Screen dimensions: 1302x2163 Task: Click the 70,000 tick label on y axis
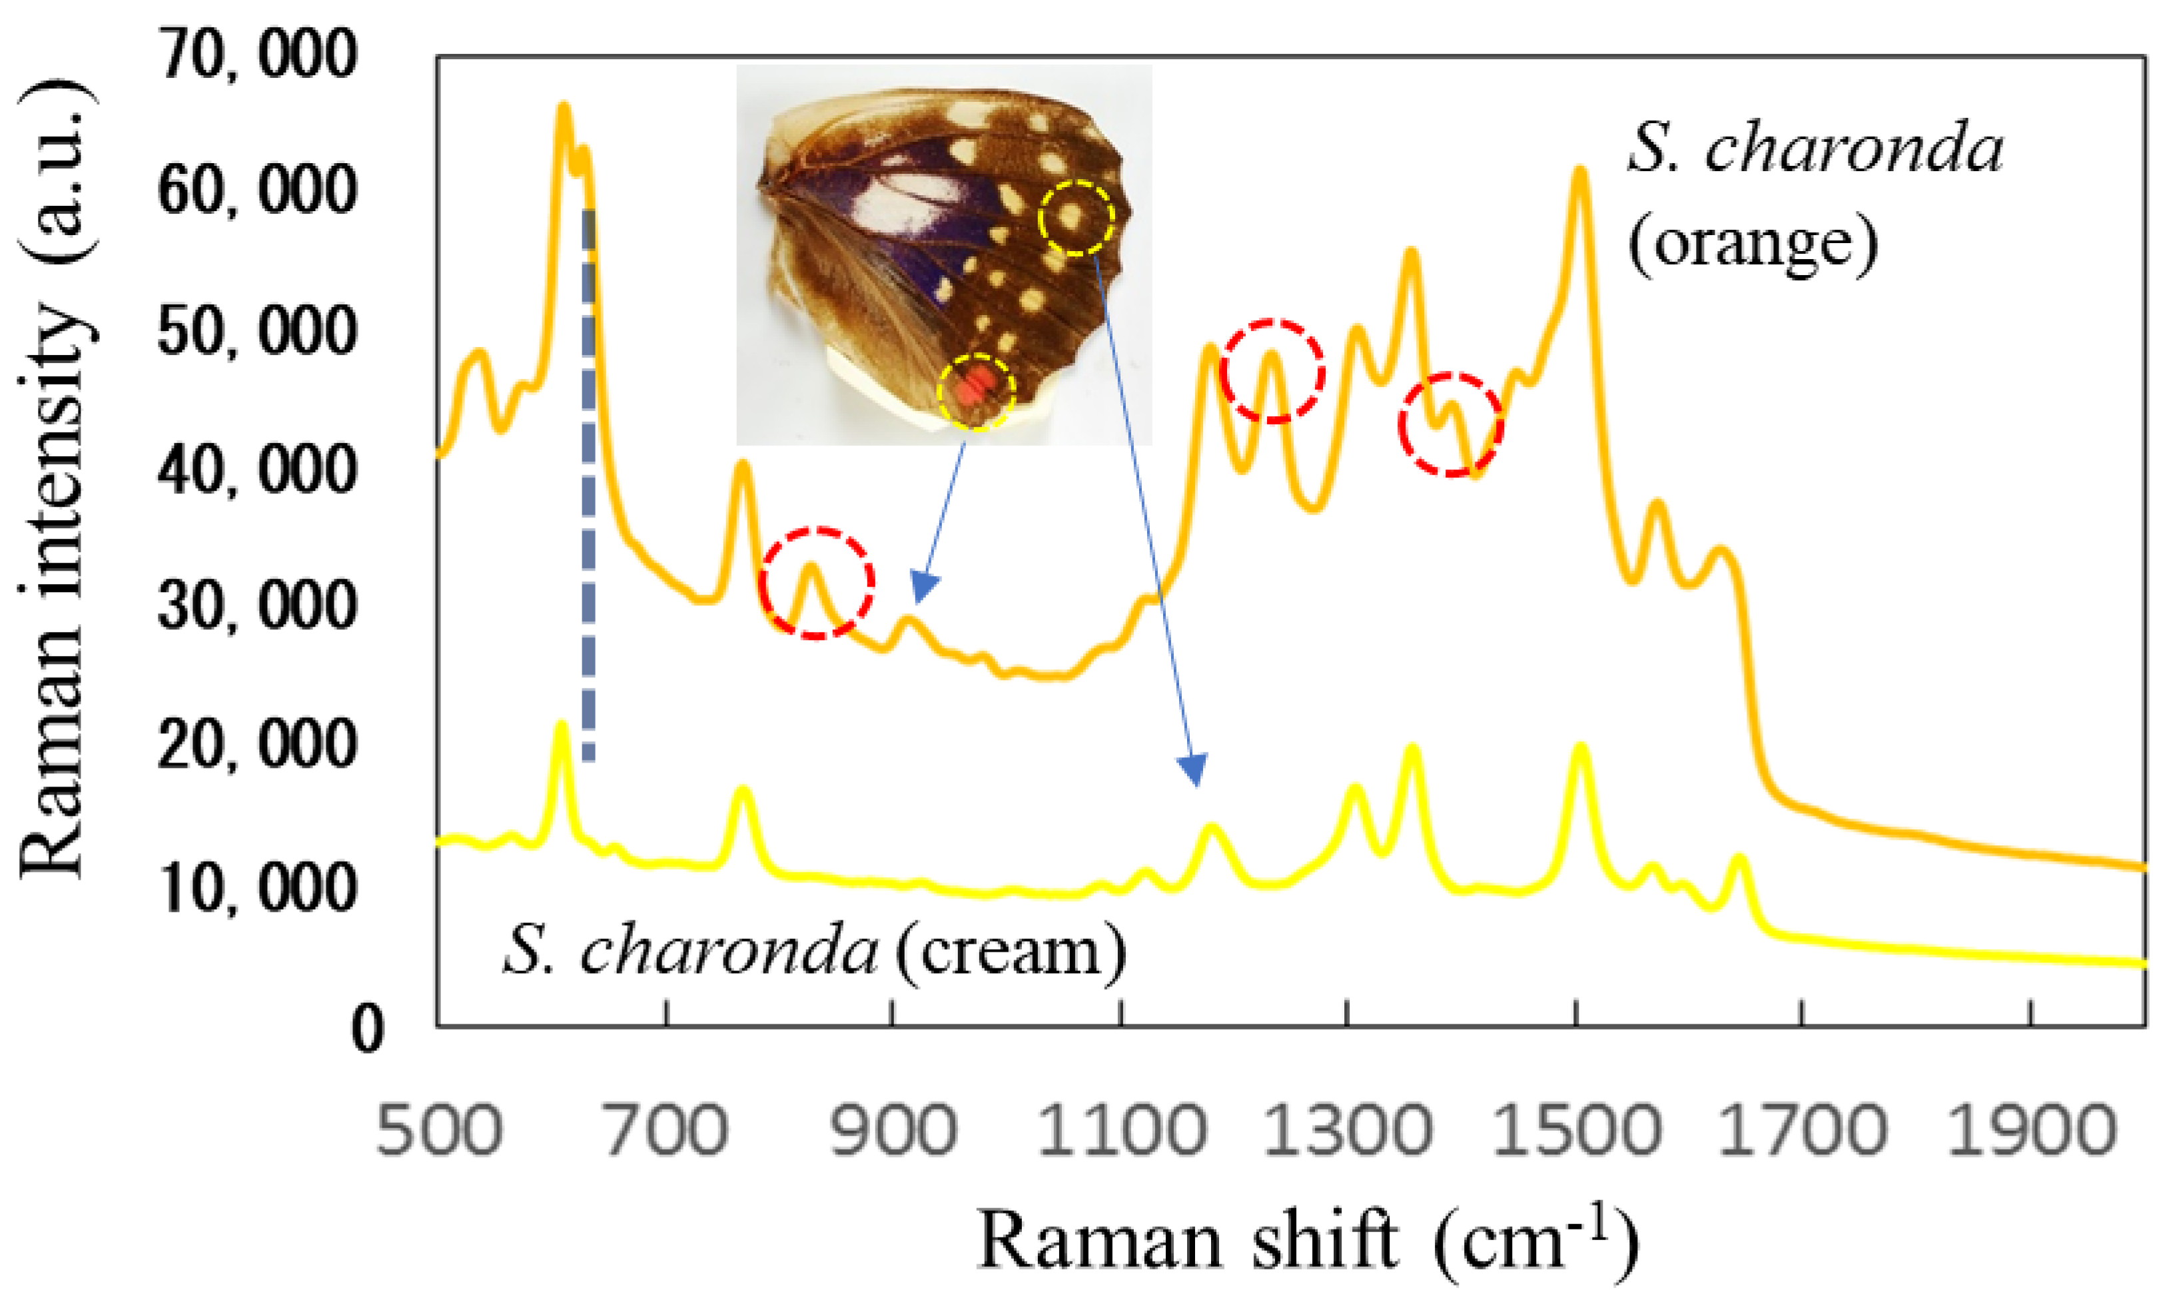(x=257, y=55)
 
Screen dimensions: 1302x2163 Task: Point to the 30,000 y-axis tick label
(x=257, y=605)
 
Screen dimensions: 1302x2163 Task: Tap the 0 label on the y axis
(x=368, y=1028)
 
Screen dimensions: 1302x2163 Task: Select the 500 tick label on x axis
(x=440, y=1132)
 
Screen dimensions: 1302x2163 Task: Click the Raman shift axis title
(x=1308, y=1241)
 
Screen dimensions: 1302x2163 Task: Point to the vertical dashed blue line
(x=589, y=483)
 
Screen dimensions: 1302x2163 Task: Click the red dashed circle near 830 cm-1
(x=816, y=583)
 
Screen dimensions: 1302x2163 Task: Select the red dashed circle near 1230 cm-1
(x=1272, y=371)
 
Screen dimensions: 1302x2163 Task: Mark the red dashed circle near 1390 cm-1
(x=1450, y=425)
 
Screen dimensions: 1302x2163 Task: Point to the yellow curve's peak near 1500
(x=1580, y=747)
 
